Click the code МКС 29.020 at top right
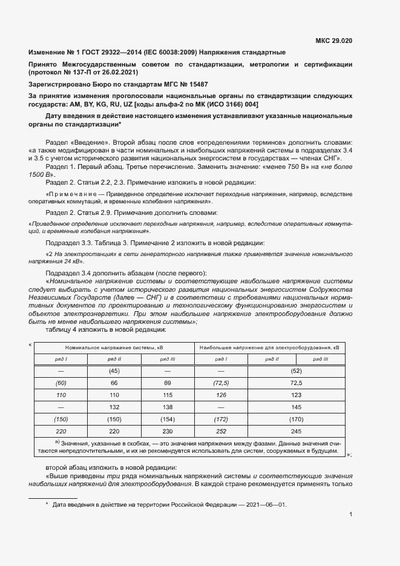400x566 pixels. pyautogui.click(x=334, y=41)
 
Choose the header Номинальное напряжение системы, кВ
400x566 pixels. pyautogui.click(x=114, y=347)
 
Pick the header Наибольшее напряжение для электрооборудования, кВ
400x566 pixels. pyautogui.click(x=269, y=347)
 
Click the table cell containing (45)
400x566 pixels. pyautogui.click(x=114, y=370)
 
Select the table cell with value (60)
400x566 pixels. pyautogui.click(x=61, y=383)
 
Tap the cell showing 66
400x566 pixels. pyautogui.click(x=114, y=383)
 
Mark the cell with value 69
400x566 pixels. pyautogui.click(x=168, y=383)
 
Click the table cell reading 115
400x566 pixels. pyautogui.click(x=168, y=395)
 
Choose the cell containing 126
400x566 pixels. pyautogui.click(x=221, y=395)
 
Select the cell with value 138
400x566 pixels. pyautogui.click(x=168, y=407)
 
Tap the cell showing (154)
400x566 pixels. pyautogui.click(x=168, y=419)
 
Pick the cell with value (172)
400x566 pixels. pyautogui.click(x=221, y=419)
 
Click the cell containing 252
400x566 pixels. pyautogui.click(x=221, y=431)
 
